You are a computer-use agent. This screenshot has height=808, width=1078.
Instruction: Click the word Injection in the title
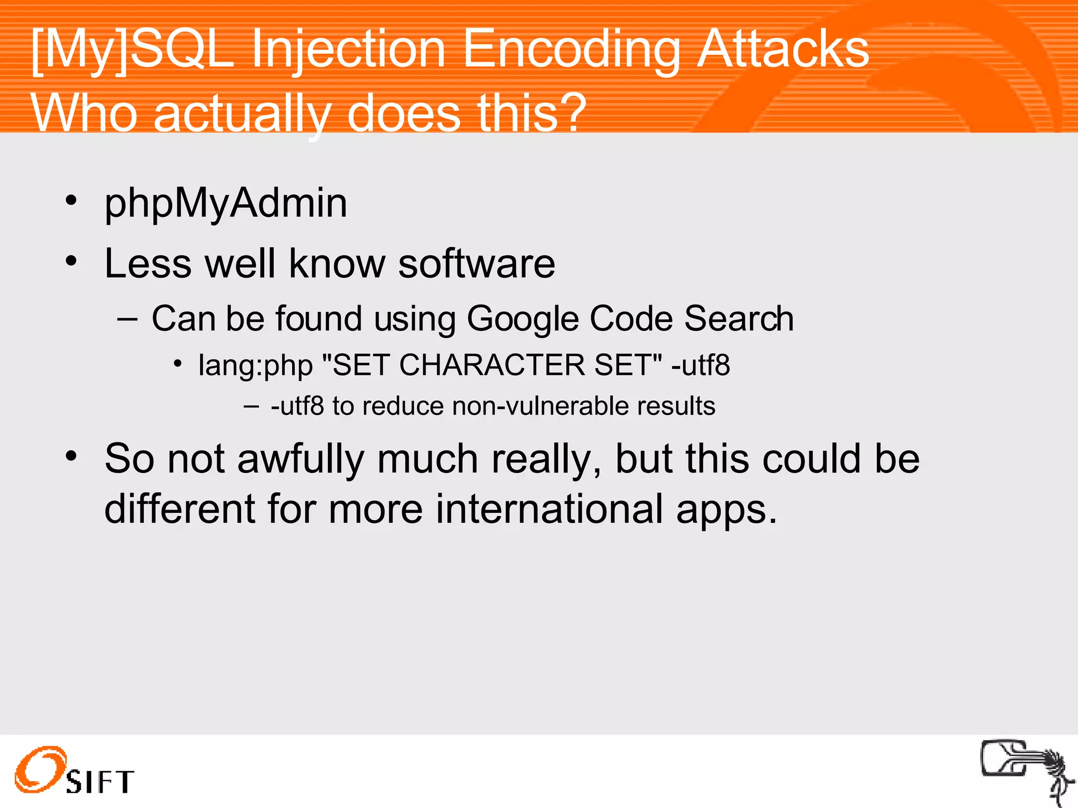click(x=348, y=50)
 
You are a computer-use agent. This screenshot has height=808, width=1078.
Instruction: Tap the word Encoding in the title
click(x=571, y=50)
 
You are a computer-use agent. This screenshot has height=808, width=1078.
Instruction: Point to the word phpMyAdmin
click(x=226, y=204)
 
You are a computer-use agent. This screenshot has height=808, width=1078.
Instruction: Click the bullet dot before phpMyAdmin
click(x=72, y=200)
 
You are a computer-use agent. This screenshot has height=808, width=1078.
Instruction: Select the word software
click(x=476, y=264)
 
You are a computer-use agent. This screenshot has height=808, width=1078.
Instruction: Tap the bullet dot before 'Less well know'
click(x=72, y=261)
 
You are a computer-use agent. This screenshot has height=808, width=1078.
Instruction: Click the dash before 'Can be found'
click(x=127, y=319)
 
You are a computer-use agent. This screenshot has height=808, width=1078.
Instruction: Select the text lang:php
click(x=255, y=366)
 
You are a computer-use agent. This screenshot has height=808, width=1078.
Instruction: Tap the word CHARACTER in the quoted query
click(x=492, y=365)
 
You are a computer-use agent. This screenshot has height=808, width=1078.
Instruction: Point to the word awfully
click(x=301, y=459)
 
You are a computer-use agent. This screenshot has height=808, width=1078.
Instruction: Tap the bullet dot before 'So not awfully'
click(x=72, y=456)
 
